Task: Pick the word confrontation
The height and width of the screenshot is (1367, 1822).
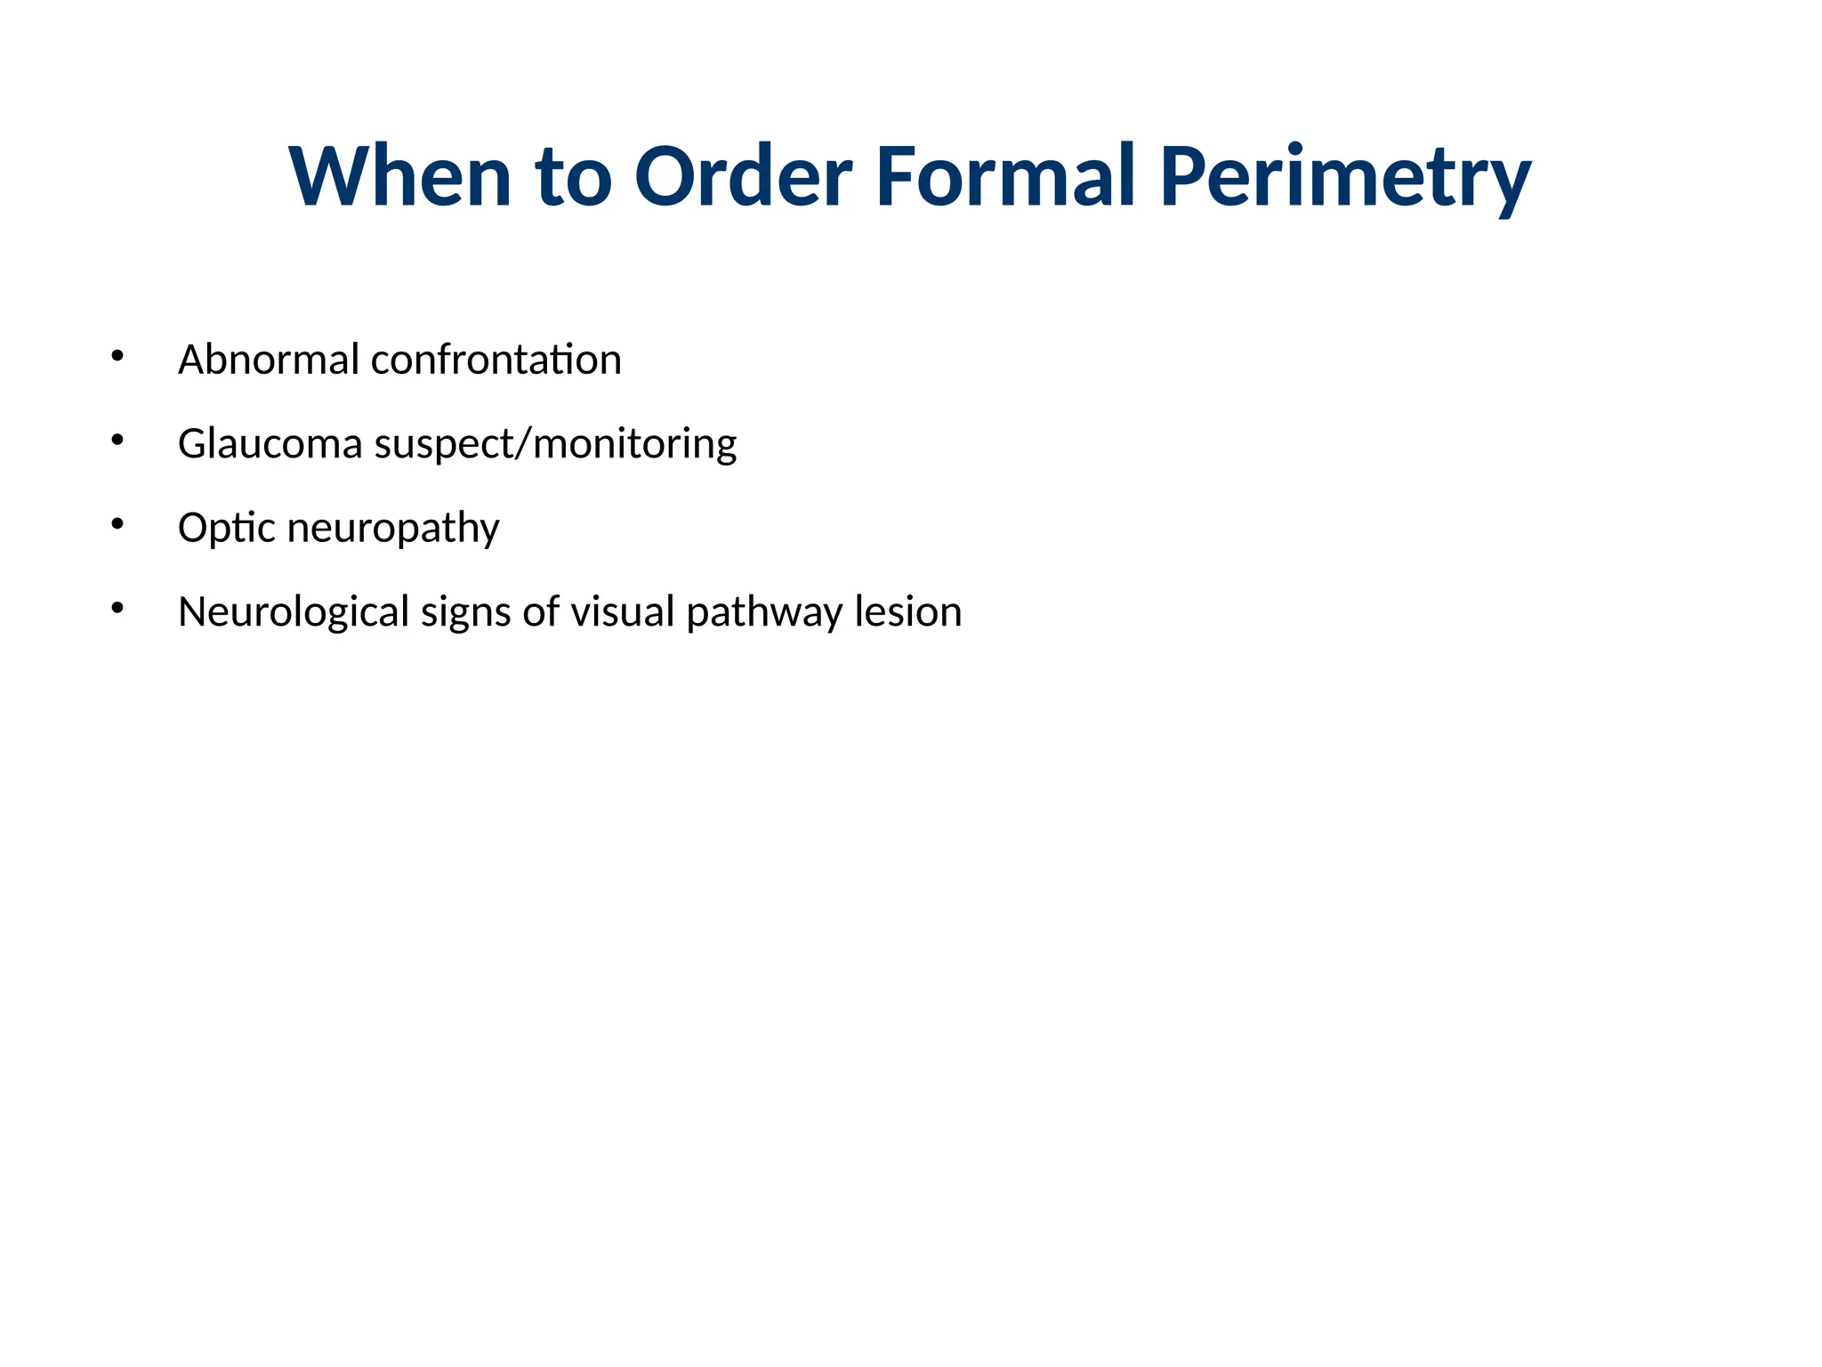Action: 496,360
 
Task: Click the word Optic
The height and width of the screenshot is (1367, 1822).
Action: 227,528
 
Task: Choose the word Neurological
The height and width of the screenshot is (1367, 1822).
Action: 294,612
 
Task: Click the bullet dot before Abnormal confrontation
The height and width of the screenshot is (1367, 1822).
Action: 117,356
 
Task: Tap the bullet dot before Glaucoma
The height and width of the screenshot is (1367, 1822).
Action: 117,440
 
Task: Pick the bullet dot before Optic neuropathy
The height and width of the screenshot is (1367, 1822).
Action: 117,524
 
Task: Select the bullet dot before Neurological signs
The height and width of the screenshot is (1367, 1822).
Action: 117,608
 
